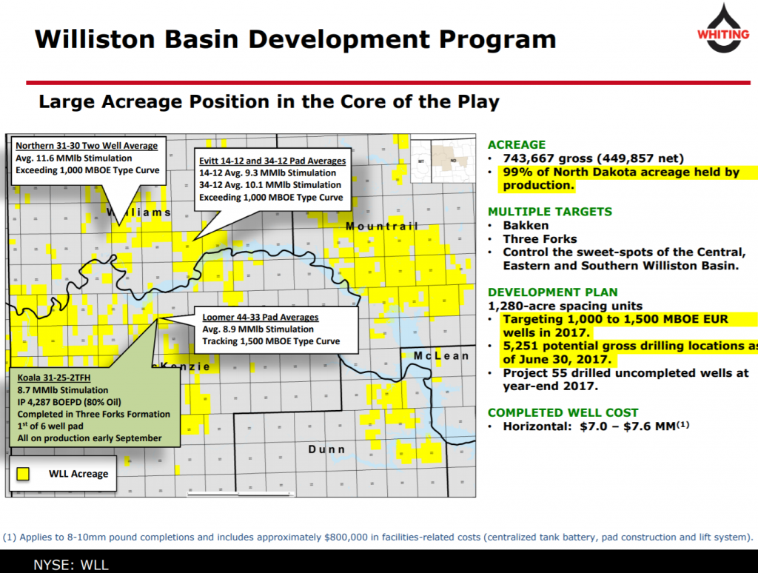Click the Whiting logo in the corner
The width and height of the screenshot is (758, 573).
723,28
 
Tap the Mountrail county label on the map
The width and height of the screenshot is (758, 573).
382,227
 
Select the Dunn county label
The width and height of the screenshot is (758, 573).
326,449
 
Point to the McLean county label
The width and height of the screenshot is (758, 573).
441,356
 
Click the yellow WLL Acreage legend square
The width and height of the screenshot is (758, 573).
23,474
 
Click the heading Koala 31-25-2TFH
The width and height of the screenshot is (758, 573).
53,378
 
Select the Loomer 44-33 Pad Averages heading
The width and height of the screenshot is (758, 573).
260,317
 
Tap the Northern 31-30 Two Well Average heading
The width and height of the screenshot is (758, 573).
87,146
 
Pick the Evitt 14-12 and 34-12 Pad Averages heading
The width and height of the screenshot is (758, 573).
272,161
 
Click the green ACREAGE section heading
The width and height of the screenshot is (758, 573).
516,144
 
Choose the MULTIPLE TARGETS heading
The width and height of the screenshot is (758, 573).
550,212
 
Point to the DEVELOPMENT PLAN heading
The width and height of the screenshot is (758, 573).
552,292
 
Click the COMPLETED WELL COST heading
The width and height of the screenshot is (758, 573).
563,413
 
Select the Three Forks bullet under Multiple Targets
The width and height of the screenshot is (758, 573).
540,239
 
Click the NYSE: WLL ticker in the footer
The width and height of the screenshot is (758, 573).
71,565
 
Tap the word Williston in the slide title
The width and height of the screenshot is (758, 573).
95,39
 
